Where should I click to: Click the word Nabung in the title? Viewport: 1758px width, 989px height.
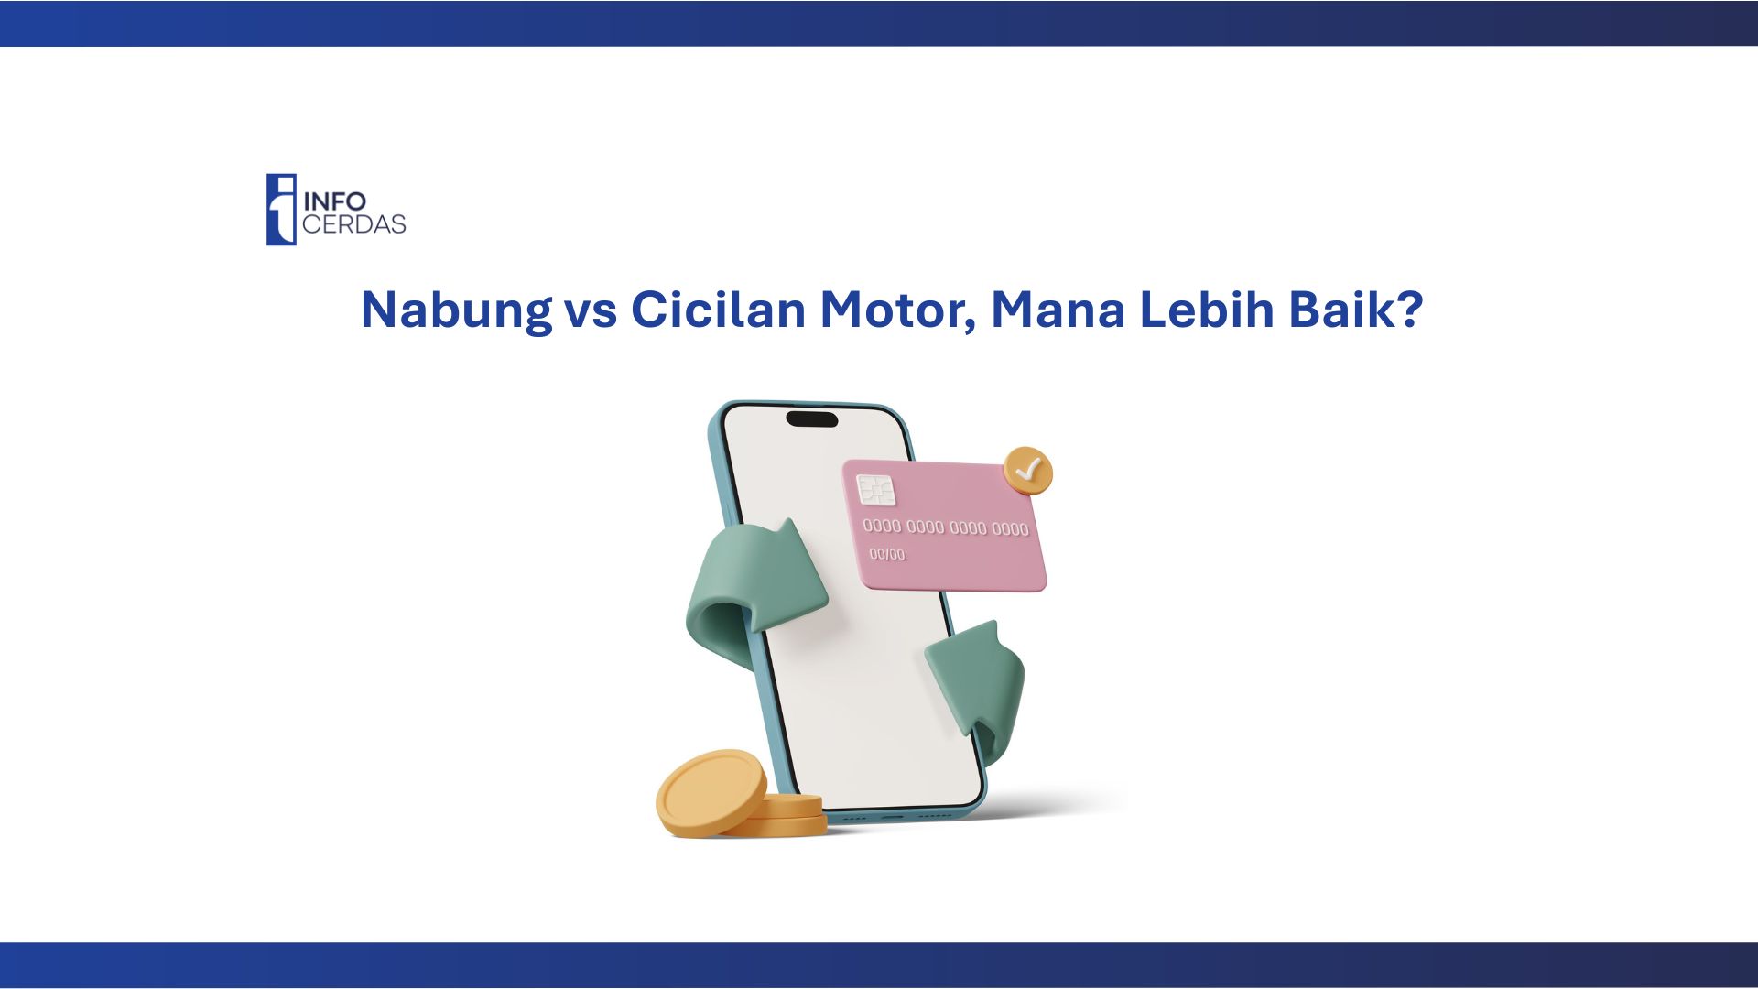coord(457,310)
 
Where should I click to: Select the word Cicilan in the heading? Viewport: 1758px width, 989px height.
coord(718,310)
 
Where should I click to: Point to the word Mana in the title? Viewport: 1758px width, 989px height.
coord(1058,310)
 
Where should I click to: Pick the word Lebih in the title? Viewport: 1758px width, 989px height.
coord(1207,310)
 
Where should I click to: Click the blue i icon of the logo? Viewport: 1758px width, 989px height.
coord(281,210)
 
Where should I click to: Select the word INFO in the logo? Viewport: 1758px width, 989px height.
coord(334,201)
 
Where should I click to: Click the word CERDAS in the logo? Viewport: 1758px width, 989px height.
coord(353,224)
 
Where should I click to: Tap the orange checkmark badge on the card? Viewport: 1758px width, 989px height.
coord(1028,471)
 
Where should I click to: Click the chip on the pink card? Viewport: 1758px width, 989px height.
coord(876,491)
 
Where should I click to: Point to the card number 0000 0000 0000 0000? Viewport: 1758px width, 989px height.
coord(946,527)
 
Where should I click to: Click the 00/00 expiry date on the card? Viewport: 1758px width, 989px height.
coord(886,554)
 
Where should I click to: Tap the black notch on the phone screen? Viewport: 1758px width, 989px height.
coord(812,419)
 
